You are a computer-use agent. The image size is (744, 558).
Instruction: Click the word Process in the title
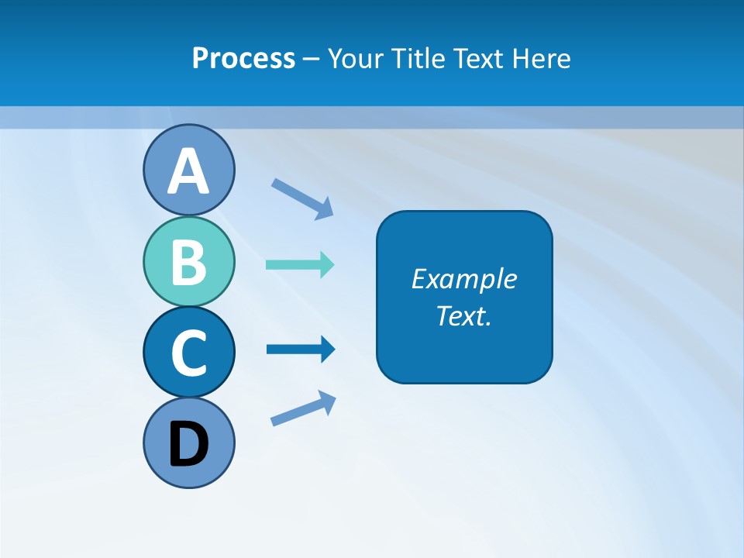coord(243,58)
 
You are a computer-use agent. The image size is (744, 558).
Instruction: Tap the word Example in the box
coord(464,279)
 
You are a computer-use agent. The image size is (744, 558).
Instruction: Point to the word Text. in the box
coord(464,316)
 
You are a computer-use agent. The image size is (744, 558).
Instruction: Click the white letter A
coord(189,172)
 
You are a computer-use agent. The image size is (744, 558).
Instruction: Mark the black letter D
coord(189,445)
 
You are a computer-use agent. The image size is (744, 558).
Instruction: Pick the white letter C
coord(189,353)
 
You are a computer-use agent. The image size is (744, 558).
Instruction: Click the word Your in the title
coord(353,58)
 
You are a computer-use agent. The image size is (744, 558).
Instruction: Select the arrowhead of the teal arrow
coord(328,264)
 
